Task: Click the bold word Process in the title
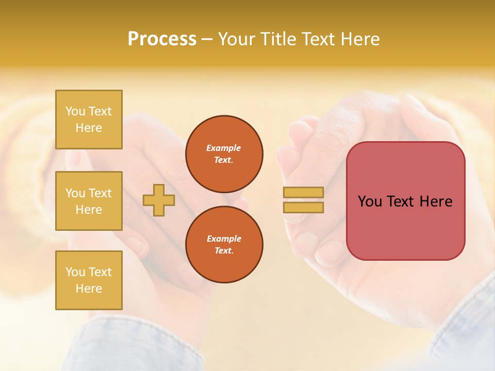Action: [162, 39]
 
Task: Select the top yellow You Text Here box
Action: [89, 120]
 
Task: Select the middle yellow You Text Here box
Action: [89, 201]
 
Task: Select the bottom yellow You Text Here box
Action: [89, 280]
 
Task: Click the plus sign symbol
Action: [158, 200]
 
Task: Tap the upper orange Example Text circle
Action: [224, 154]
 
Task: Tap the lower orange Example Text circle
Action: [224, 244]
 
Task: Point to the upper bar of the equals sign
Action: [303, 192]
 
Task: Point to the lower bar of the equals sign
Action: [303, 208]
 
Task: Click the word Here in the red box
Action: [436, 201]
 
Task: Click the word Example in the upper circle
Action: [224, 148]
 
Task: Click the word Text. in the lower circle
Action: [224, 250]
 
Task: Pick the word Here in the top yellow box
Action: [89, 128]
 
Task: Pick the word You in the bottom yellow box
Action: [75, 272]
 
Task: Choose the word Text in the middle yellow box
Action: [100, 193]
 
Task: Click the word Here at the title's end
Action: [359, 39]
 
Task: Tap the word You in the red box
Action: [370, 201]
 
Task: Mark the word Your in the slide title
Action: [237, 39]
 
